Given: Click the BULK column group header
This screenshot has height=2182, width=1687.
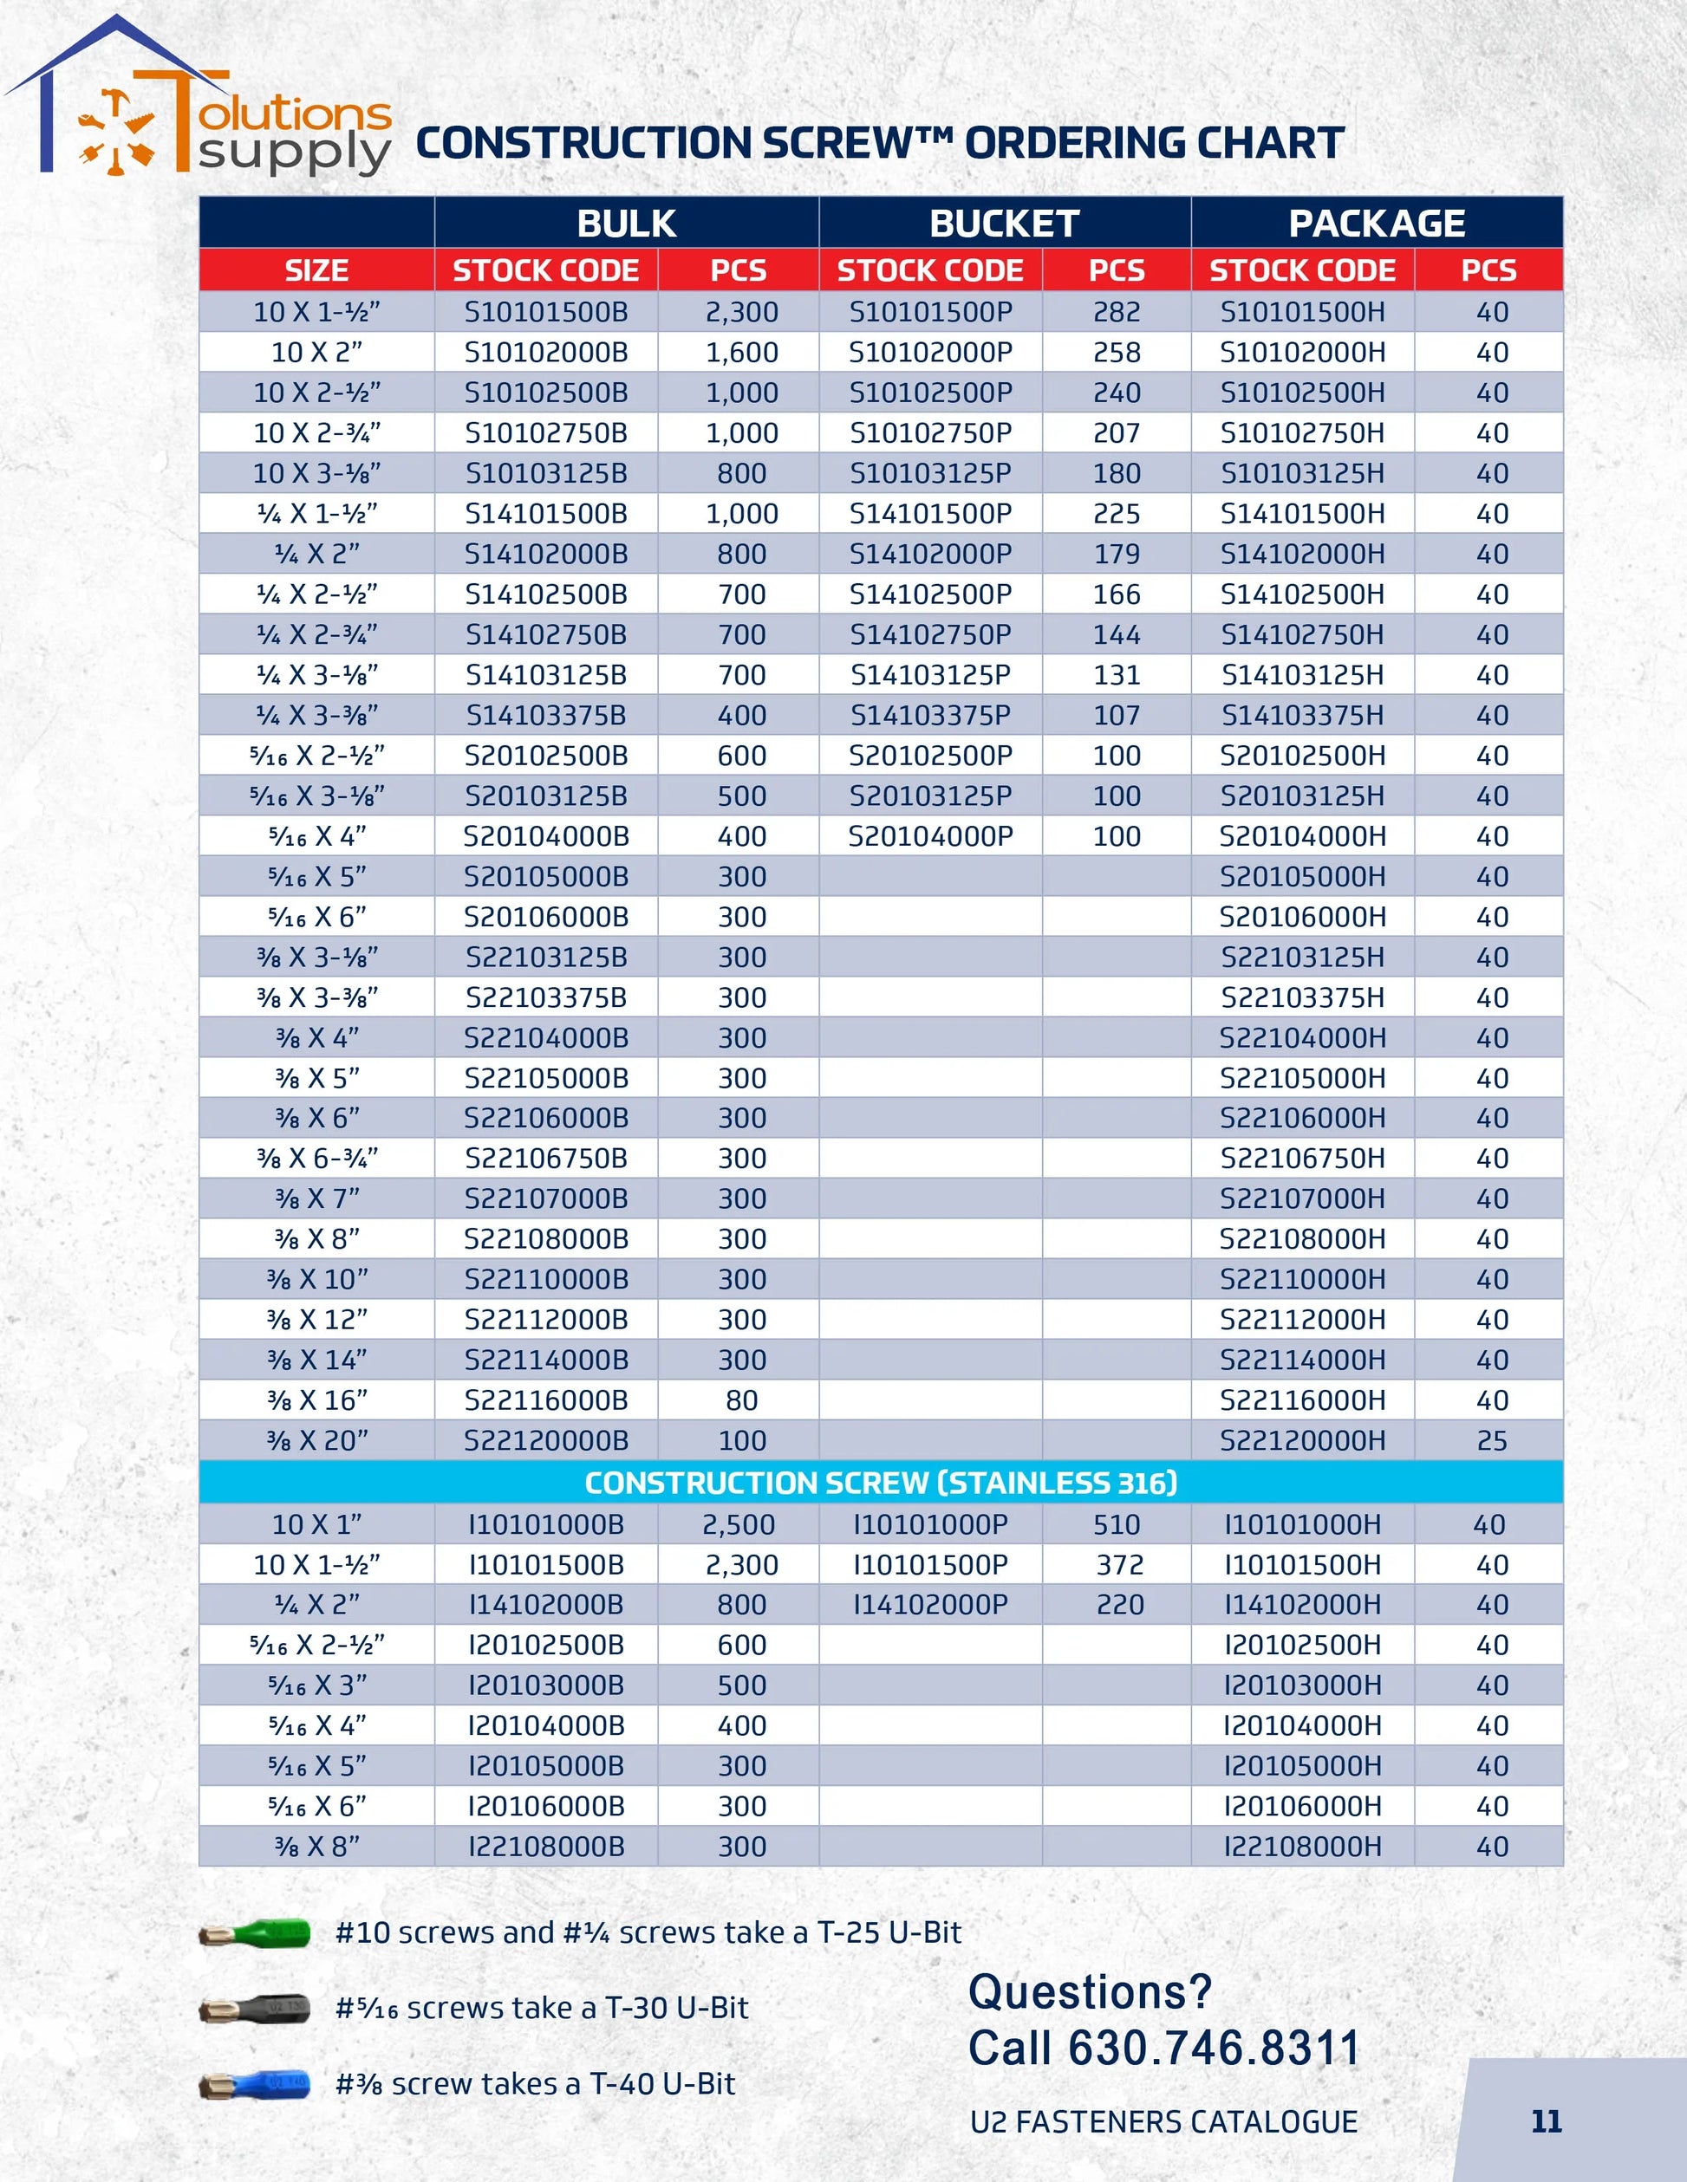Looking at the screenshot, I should point(627,223).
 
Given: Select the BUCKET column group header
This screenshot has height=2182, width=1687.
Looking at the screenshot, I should point(1005,223).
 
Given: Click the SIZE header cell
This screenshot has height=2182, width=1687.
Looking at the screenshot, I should point(316,270).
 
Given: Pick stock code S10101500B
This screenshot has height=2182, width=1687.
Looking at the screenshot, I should point(545,312).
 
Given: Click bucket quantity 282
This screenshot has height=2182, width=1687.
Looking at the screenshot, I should point(1117,312).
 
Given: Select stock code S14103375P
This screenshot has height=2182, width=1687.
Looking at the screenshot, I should point(930,715).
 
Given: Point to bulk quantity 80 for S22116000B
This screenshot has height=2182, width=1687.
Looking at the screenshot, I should point(741,1399).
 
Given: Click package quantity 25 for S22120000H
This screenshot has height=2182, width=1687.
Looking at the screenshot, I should point(1491,1441).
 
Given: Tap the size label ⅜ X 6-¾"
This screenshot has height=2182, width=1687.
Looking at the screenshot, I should point(316,1158).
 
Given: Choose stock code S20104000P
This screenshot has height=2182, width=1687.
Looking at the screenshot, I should point(930,836).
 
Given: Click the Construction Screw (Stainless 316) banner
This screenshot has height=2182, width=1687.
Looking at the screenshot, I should point(881,1483).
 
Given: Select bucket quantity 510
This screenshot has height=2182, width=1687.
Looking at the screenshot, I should point(1117,1524).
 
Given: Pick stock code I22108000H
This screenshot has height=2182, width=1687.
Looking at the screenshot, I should point(1302,1847).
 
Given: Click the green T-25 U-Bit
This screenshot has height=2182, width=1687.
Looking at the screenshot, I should point(255,1934).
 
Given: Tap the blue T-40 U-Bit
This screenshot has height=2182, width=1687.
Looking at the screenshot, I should point(255,2085).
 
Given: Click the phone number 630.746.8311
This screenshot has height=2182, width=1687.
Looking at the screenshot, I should point(1214,2049).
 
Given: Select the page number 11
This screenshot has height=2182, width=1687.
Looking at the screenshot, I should point(1546,2121).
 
